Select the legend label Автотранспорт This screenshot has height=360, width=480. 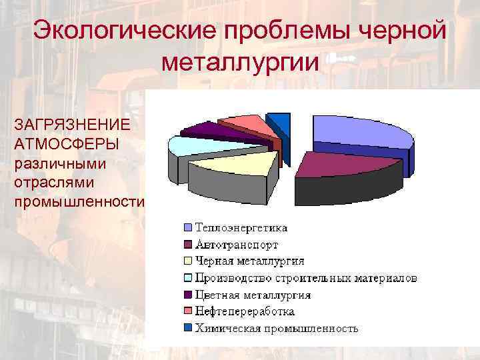[x=236, y=244]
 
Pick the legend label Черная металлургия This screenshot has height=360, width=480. [x=249, y=261]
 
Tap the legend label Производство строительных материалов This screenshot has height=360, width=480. [x=306, y=277]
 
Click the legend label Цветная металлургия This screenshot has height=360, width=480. [x=252, y=294]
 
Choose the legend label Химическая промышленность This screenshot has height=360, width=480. [x=276, y=328]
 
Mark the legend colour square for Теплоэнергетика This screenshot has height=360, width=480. [x=189, y=227]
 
